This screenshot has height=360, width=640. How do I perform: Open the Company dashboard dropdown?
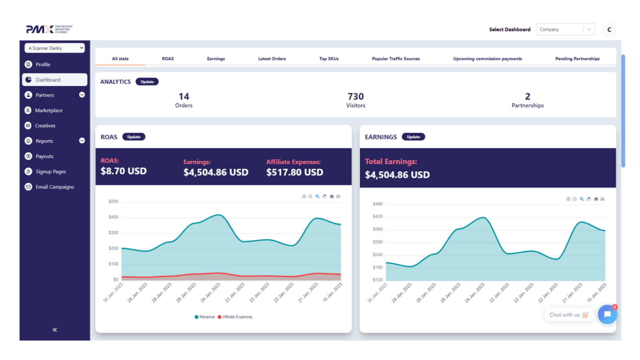pyautogui.click(x=565, y=30)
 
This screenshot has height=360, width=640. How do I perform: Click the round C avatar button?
pyautogui.click(x=609, y=30)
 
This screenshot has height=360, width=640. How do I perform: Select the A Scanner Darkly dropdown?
pyautogui.click(x=55, y=48)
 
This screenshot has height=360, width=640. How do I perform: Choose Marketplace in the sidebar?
pyautogui.click(x=48, y=110)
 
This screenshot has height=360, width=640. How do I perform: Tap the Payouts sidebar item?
pyautogui.click(x=44, y=156)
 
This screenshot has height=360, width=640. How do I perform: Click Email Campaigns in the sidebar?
pyautogui.click(x=54, y=187)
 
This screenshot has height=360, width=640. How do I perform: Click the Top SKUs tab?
pyautogui.click(x=329, y=59)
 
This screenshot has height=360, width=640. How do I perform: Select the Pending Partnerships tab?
pyautogui.click(x=577, y=59)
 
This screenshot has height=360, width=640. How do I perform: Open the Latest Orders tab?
pyautogui.click(x=272, y=59)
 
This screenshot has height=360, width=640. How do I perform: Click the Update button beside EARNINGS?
pyautogui.click(x=413, y=137)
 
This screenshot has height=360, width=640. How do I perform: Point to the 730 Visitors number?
pyautogui.click(x=356, y=96)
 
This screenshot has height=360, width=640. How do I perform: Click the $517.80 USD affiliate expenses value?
pyautogui.click(x=294, y=172)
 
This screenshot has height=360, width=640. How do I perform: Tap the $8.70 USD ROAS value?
pyautogui.click(x=124, y=171)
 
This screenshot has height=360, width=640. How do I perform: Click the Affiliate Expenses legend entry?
pyautogui.click(x=237, y=317)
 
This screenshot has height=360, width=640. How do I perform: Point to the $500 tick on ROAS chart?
pyautogui.click(x=113, y=202)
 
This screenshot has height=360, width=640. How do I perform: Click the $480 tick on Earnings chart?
pyautogui.click(x=378, y=204)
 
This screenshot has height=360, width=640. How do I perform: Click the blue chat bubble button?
pyautogui.click(x=607, y=314)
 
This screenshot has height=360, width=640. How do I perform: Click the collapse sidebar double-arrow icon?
pyautogui.click(x=55, y=330)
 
